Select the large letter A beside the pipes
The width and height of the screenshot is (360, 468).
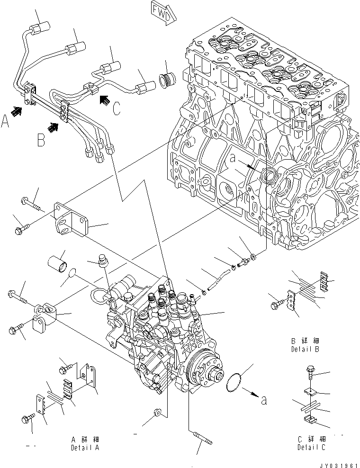6,123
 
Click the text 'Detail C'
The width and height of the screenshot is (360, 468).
312,447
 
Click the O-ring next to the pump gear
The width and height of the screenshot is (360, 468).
235,381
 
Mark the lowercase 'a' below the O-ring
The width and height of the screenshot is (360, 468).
264,401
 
